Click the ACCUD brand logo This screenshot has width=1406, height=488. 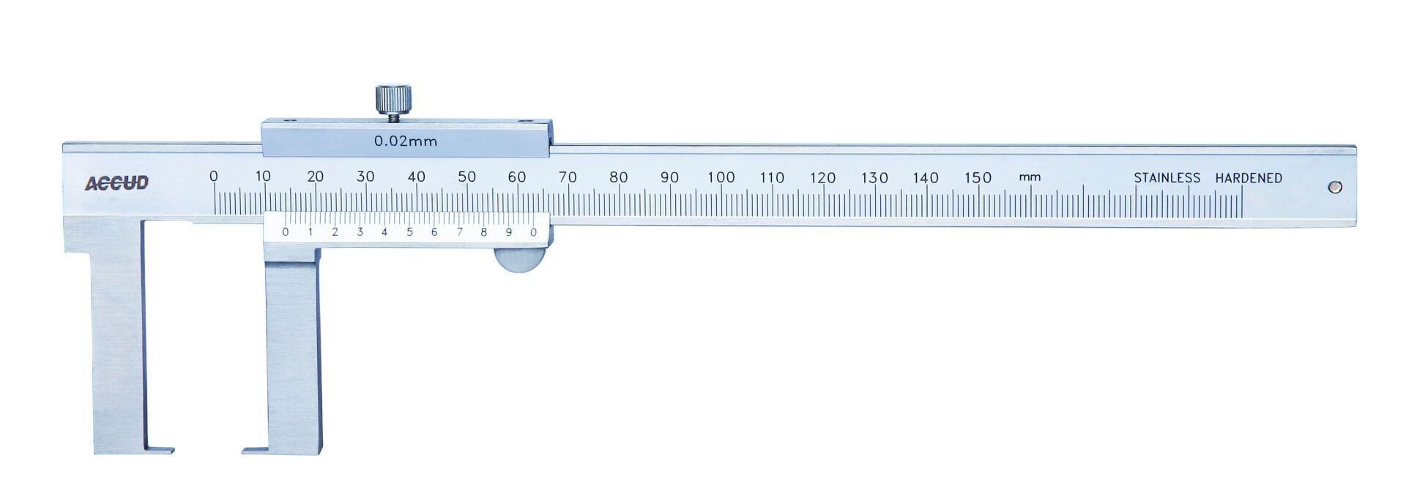[x=116, y=183]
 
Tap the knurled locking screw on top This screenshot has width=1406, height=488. [x=393, y=100]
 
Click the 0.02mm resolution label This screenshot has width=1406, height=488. [x=406, y=141]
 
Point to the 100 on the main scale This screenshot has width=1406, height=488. [x=721, y=177]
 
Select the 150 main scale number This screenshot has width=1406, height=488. [x=978, y=177]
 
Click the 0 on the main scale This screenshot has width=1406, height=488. [x=214, y=177]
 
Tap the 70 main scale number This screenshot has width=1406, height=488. [x=568, y=177]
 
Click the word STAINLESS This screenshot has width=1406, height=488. [x=1167, y=178]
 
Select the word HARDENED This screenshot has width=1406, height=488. [x=1249, y=178]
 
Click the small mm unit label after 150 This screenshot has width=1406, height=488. [x=1030, y=178]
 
